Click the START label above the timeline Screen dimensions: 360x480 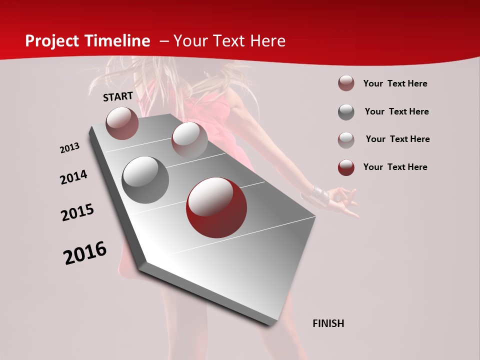click(118, 96)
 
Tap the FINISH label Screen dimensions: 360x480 click(328, 323)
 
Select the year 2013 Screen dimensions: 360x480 click(69, 148)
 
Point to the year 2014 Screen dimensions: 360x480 click(73, 177)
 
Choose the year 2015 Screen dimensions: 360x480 click(77, 212)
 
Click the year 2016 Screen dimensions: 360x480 click(85, 253)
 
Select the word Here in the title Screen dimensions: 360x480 click(267, 41)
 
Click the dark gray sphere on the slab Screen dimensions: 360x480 click(145, 180)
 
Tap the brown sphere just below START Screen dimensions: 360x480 click(122, 123)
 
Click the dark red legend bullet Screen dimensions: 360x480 click(346, 167)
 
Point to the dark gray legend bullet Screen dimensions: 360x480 click(346, 112)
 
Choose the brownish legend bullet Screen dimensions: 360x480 click(346, 83)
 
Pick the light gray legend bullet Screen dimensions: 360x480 click(346, 139)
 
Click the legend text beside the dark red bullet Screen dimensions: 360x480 click(395, 167)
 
